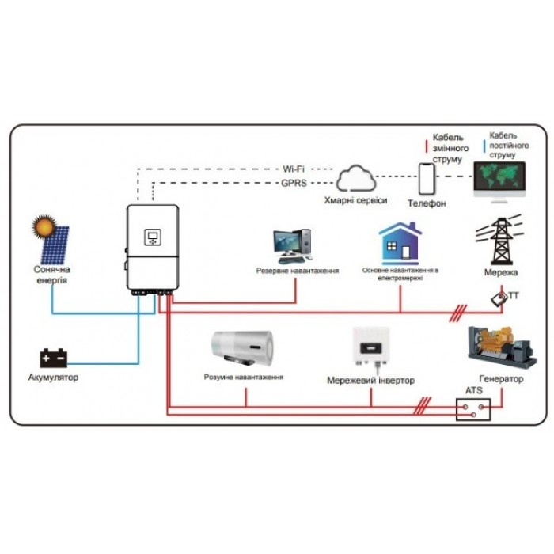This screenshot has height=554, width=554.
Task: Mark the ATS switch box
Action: (x=473, y=409)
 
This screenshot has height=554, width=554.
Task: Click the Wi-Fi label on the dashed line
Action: (x=293, y=169)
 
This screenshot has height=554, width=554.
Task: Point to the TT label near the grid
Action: (x=514, y=297)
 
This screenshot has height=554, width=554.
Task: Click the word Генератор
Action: (x=501, y=379)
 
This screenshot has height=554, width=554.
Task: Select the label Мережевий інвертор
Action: (x=370, y=380)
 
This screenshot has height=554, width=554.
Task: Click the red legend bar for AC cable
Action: (x=427, y=146)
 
